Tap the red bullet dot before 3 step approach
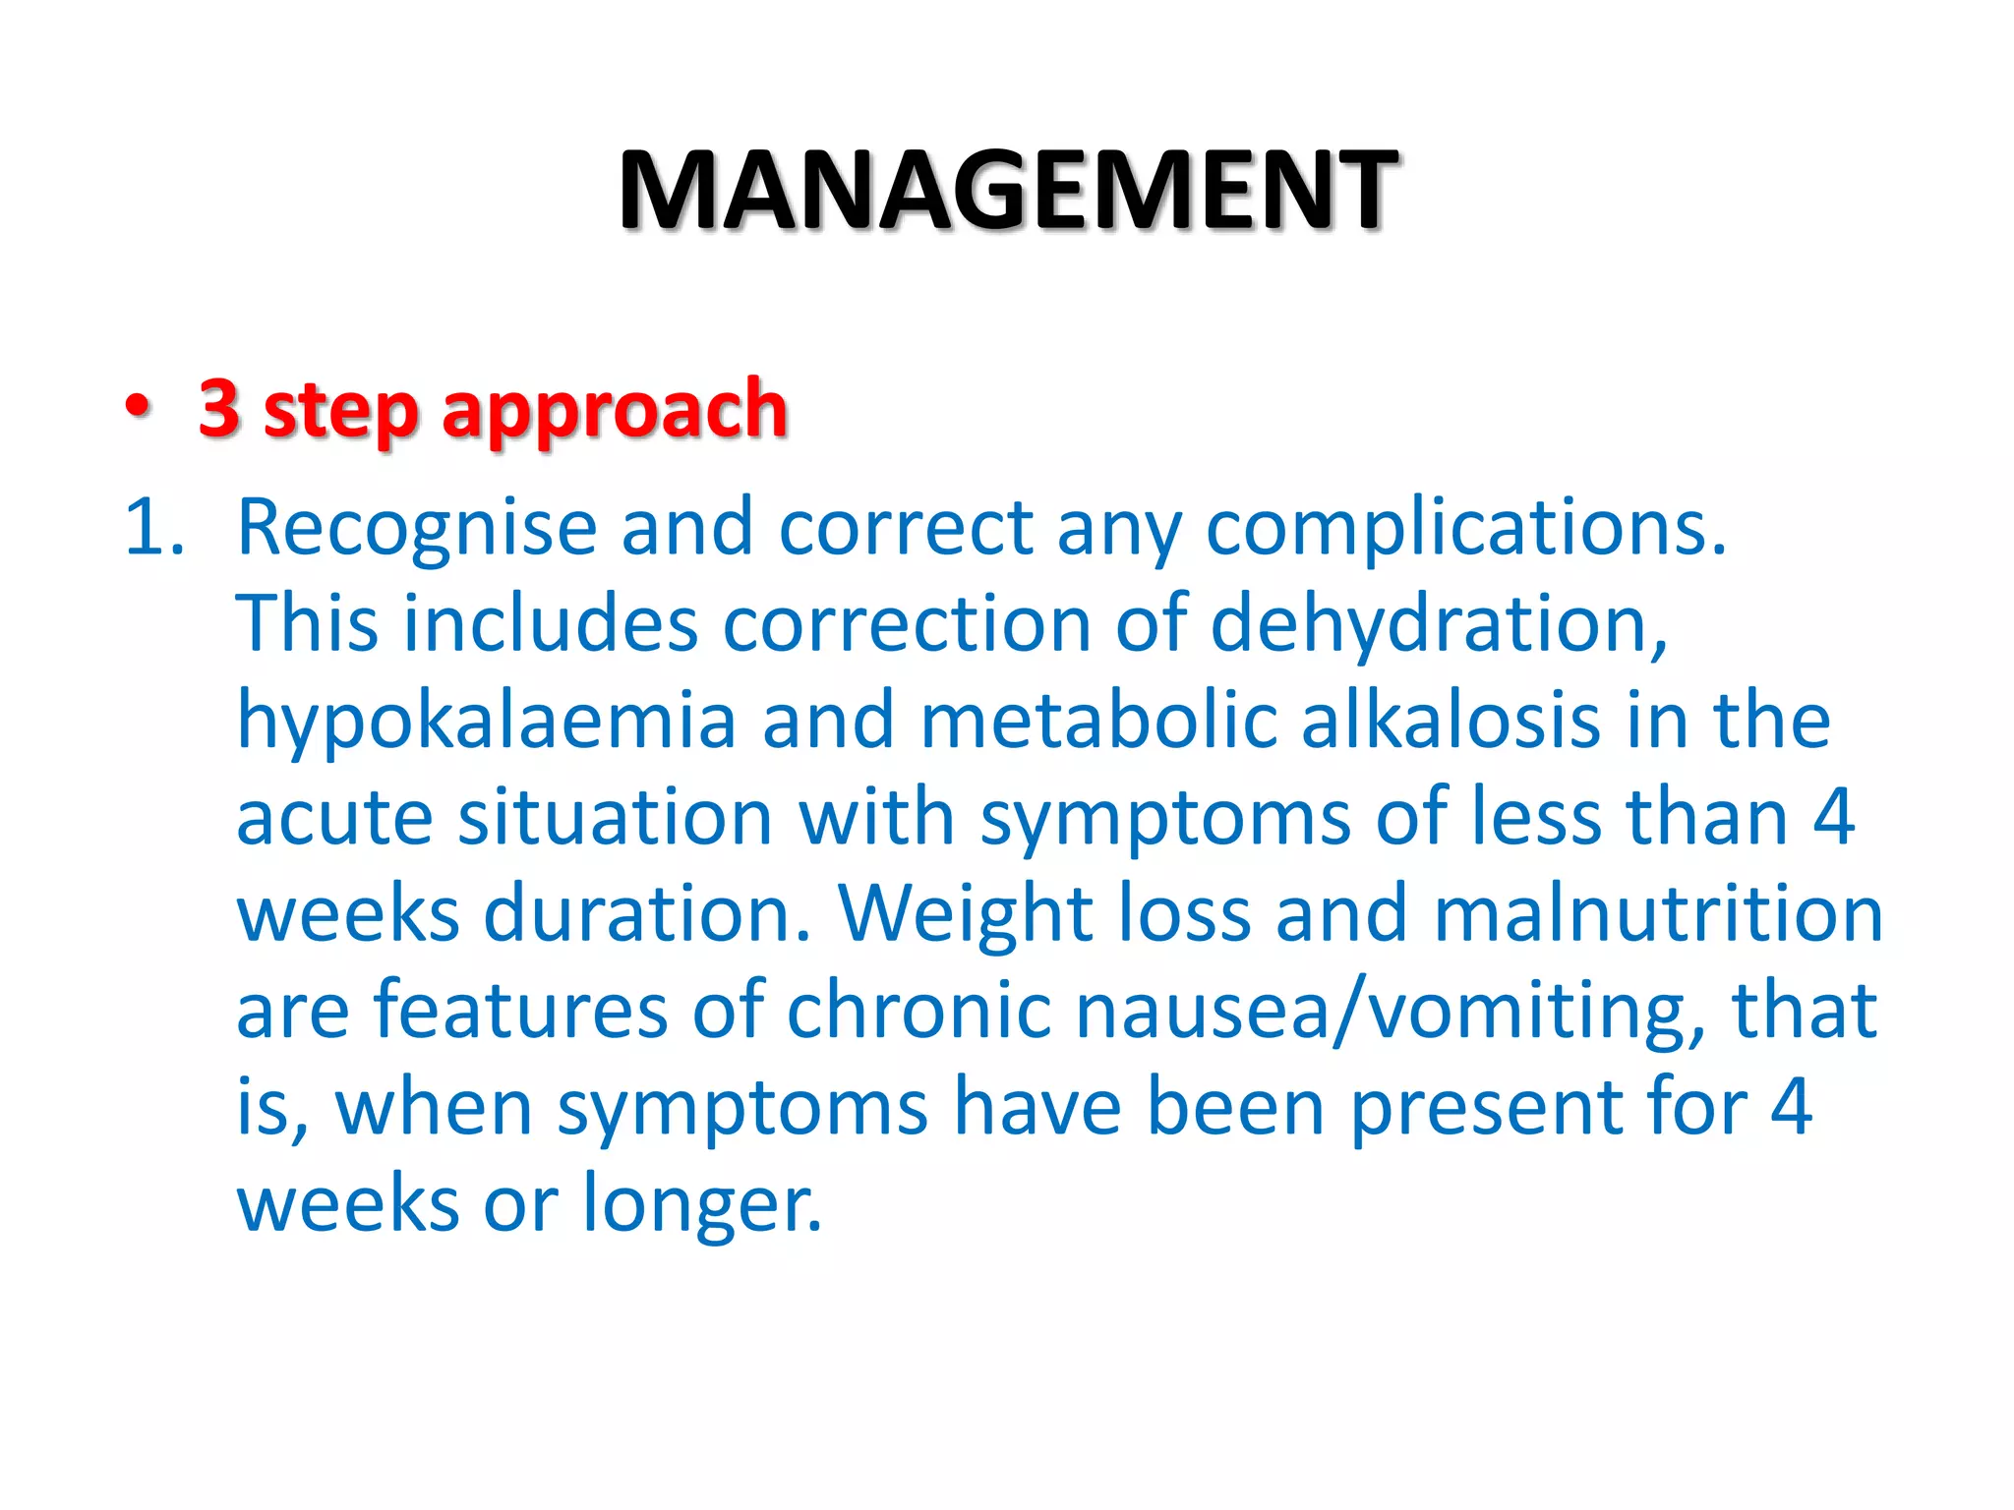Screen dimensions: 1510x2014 (x=139, y=407)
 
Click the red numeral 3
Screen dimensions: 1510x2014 (x=219, y=407)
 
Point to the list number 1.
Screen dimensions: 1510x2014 (x=153, y=528)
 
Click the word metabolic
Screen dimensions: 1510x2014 (x=1098, y=721)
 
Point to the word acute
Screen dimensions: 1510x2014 (x=334, y=817)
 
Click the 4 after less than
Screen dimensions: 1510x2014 (x=1833, y=817)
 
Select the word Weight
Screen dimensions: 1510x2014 (x=966, y=914)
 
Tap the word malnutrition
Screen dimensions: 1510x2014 (x=1658, y=913)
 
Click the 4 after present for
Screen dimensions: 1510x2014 (x=1791, y=1106)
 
